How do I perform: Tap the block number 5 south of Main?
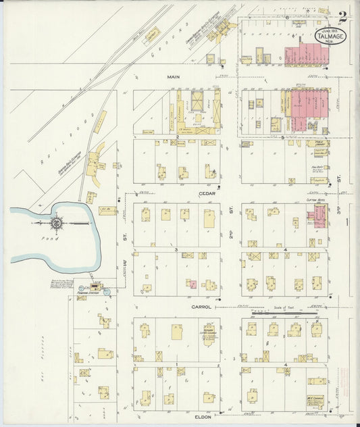pos(282,137)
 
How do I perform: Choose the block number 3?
pos(176,249)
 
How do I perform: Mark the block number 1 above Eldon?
pos(176,365)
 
